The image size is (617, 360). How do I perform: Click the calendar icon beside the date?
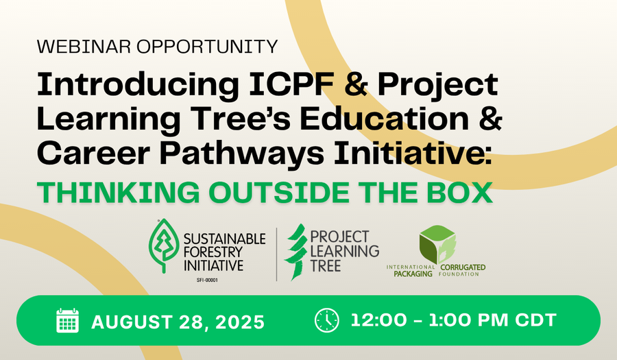tap(67, 321)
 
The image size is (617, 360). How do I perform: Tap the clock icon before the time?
tap(326, 320)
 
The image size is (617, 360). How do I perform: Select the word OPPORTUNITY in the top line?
tap(207, 47)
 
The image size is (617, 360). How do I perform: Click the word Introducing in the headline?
tap(138, 84)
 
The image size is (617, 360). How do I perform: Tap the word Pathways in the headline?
tap(241, 154)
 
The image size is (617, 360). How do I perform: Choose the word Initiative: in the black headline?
tap(413, 153)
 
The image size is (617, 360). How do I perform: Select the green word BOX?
tap(459, 193)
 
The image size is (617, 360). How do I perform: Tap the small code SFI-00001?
tap(207, 280)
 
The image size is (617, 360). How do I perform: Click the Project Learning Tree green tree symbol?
tap(296, 252)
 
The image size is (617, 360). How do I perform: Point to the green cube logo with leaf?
tap(437, 244)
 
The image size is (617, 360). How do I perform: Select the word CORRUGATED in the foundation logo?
tap(463, 267)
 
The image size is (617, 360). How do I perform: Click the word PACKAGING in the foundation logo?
tap(413, 274)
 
